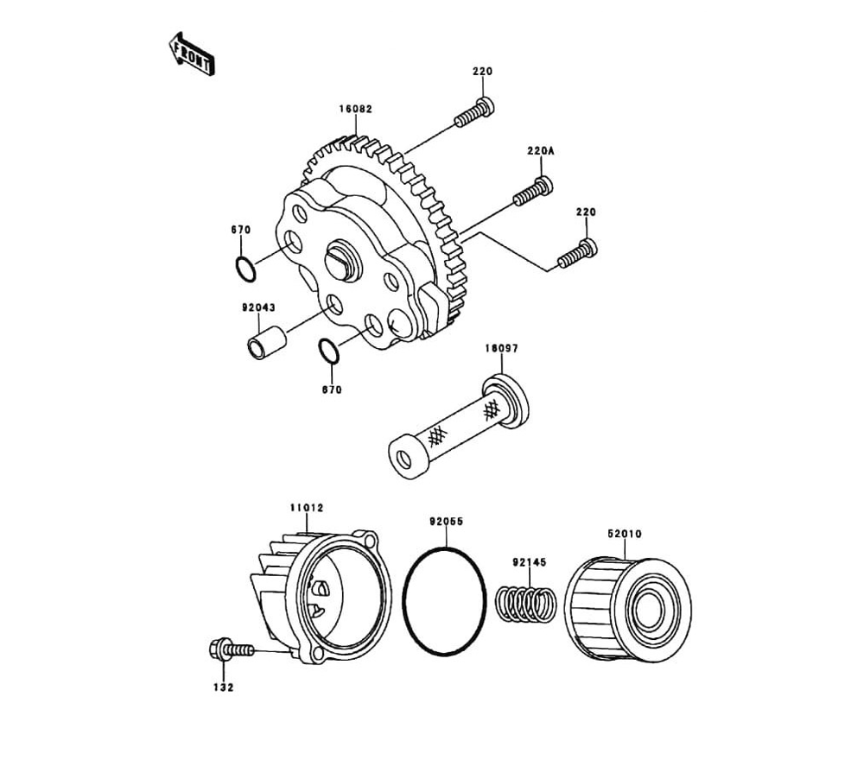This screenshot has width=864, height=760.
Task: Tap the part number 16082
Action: [356, 110]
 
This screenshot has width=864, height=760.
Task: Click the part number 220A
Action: [540, 151]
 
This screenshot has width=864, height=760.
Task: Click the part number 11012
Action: [306, 508]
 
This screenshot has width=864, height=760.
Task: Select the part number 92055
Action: [447, 522]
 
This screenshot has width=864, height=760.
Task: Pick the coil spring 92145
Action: [526, 604]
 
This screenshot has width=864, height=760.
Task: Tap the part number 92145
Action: [529, 562]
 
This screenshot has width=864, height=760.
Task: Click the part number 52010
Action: [624, 535]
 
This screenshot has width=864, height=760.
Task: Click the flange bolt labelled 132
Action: [227, 648]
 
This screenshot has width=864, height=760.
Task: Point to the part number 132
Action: [224, 687]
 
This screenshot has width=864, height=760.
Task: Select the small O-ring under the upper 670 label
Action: [245, 268]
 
